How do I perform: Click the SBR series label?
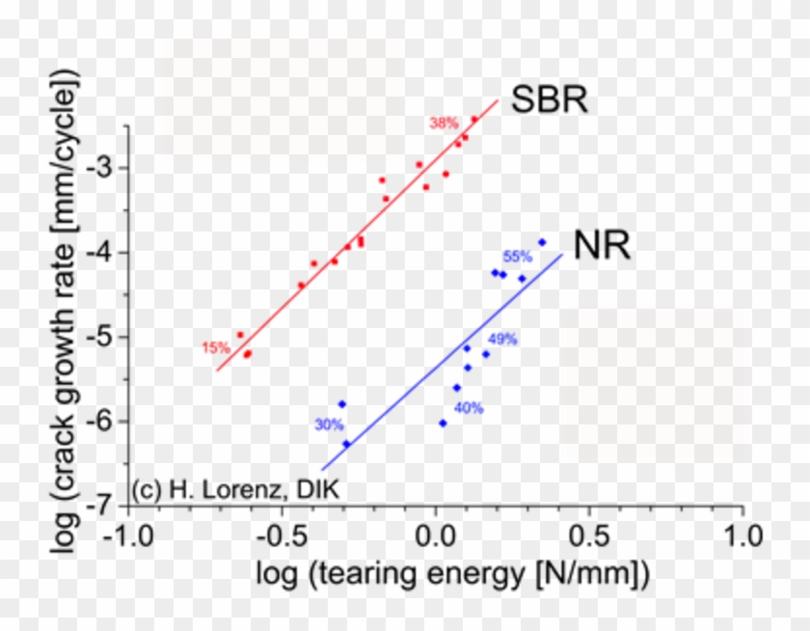tap(549, 100)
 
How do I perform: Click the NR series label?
tap(602, 246)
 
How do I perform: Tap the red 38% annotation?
tap(444, 123)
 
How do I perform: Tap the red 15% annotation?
tap(215, 348)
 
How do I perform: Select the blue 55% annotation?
tap(517, 258)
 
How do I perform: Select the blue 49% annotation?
tap(502, 340)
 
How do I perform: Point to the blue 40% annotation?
tap(469, 408)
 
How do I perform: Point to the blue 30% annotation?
tap(328, 425)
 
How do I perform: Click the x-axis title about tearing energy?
tap(452, 575)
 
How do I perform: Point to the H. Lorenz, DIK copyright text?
tap(235, 489)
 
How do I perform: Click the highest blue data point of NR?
tap(542, 242)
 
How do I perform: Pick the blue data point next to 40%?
tap(443, 423)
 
